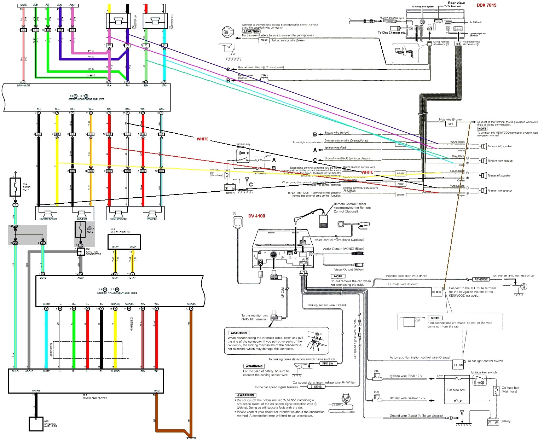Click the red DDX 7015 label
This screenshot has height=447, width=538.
point(486,5)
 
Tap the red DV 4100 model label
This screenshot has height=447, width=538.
point(256,216)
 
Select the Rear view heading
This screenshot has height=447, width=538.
point(456,3)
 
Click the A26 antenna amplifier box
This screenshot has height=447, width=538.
point(36,424)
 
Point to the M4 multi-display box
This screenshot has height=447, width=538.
point(124,242)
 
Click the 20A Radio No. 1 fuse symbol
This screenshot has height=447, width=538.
point(15,187)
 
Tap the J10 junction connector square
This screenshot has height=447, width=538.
point(81,251)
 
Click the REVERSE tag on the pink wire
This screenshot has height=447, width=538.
point(481,279)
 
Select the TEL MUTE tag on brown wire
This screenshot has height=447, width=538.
point(436,292)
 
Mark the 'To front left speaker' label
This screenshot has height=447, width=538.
point(500,146)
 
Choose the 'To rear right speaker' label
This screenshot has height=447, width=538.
point(500,191)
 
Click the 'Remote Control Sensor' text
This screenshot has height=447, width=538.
point(350,204)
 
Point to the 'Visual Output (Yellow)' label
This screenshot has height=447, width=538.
point(349,269)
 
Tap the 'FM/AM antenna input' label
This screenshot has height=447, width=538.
point(392,18)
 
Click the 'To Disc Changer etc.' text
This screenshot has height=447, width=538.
point(392,33)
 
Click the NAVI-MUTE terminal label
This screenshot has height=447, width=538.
point(23,86)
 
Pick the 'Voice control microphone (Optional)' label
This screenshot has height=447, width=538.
point(339,240)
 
